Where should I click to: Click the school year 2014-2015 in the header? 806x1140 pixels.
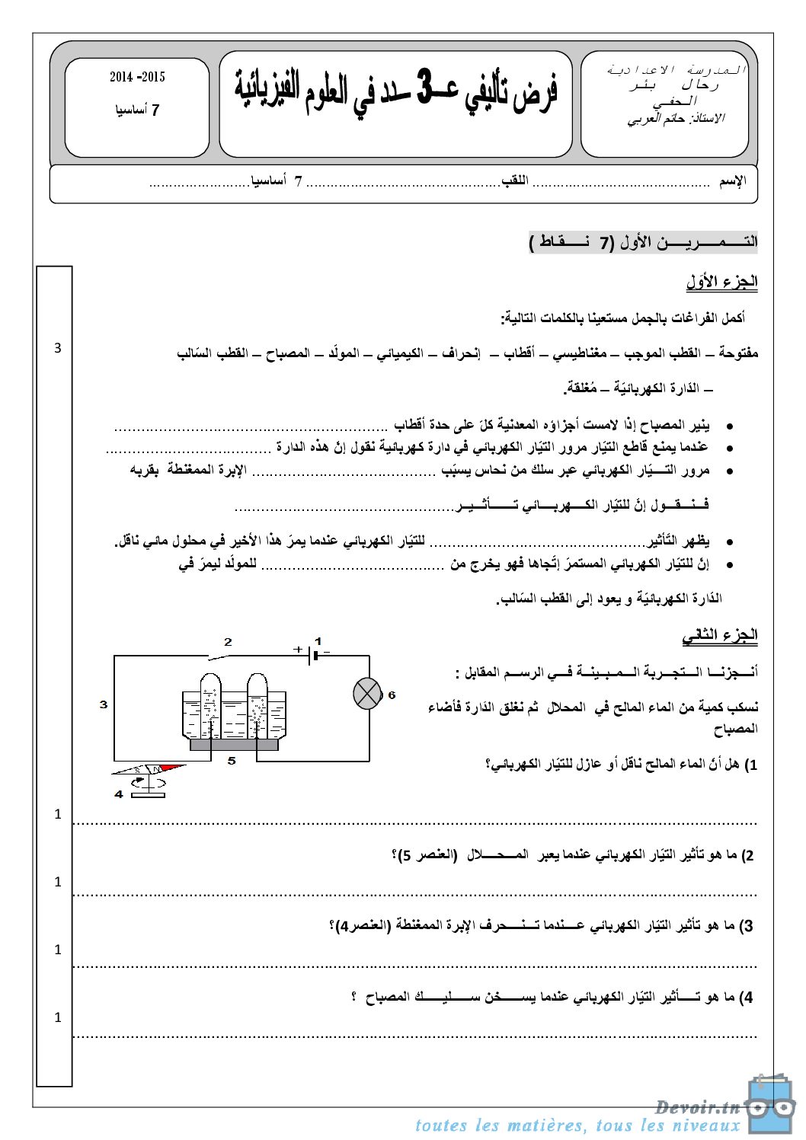(x=137, y=77)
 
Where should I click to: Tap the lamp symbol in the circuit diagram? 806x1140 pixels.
(x=367, y=694)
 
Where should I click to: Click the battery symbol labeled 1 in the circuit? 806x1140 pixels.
(x=314, y=654)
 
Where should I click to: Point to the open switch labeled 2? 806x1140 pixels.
(x=220, y=654)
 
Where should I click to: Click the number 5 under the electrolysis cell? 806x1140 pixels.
(x=232, y=760)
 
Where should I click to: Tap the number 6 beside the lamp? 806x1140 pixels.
(x=392, y=695)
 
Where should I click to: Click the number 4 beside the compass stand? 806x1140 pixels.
(x=119, y=794)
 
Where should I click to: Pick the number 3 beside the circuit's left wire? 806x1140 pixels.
(x=104, y=704)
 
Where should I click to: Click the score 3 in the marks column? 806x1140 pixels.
(x=57, y=348)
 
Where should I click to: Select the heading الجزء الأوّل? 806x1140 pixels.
(x=721, y=282)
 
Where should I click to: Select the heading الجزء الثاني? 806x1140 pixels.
(x=720, y=635)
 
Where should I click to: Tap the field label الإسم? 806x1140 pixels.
(x=733, y=181)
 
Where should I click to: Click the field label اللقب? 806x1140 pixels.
(x=515, y=181)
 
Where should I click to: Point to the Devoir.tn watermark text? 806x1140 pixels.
(x=697, y=1106)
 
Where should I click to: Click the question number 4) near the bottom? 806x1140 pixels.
(x=746, y=997)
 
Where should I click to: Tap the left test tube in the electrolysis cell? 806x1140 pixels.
(x=210, y=704)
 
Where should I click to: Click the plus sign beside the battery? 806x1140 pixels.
(x=297, y=650)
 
